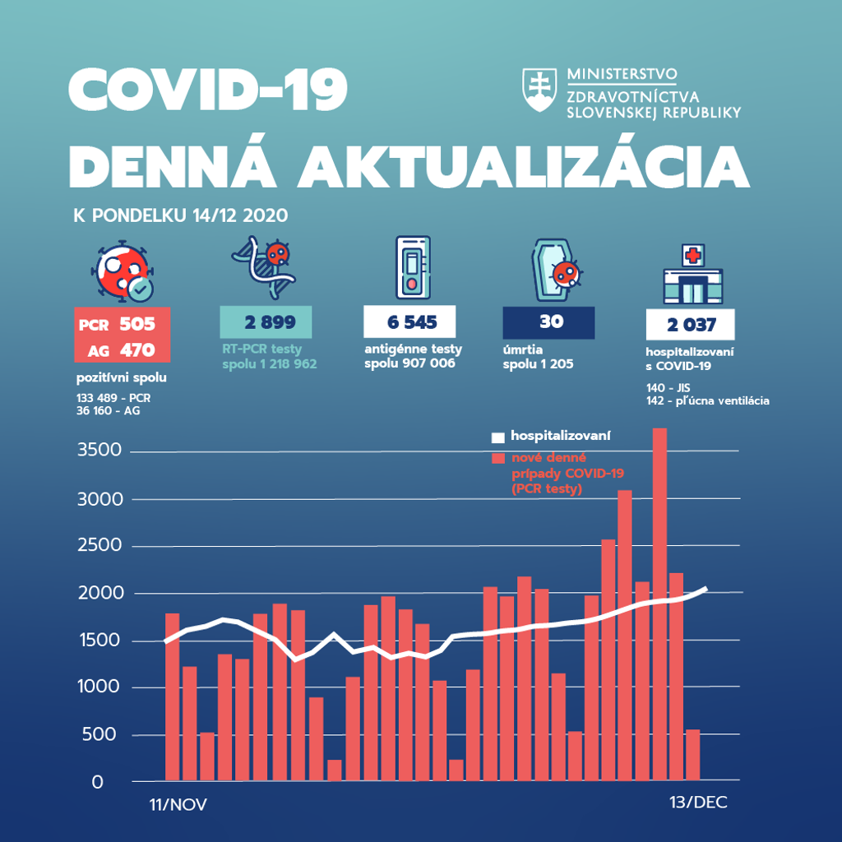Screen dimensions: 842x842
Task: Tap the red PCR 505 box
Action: click(x=122, y=323)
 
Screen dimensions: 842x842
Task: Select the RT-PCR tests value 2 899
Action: click(x=266, y=322)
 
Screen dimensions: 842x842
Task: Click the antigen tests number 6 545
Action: click(x=409, y=322)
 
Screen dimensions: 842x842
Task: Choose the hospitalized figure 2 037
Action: click(x=690, y=325)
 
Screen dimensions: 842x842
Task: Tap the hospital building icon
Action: click(x=692, y=275)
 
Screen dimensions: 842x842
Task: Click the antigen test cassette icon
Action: click(x=412, y=267)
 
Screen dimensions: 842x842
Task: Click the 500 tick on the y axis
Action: click(x=103, y=735)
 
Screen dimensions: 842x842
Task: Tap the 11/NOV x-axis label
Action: click(x=178, y=803)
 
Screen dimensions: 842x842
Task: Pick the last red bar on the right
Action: click(x=692, y=754)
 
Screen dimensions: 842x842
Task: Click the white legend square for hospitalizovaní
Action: click(x=497, y=436)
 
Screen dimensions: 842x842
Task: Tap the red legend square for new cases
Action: click(x=497, y=459)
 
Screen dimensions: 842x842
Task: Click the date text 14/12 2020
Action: click(x=240, y=216)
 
